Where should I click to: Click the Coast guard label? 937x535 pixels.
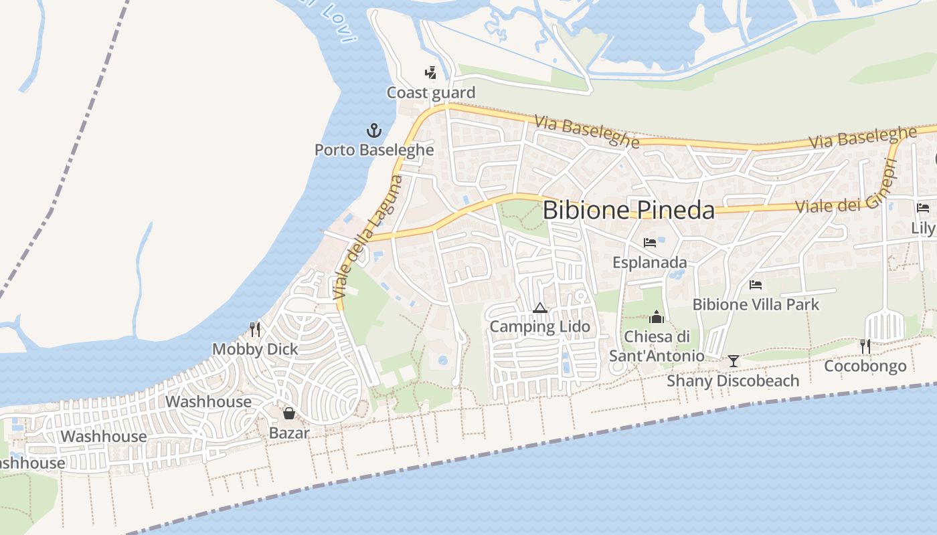coord(431,93)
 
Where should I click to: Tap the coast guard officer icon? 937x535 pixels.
coord(431,72)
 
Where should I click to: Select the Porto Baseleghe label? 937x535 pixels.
coord(374,150)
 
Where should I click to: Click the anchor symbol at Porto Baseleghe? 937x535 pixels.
coord(373,130)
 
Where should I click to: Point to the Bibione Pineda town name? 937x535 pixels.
coord(628,210)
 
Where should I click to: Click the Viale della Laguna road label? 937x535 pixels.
coord(368,237)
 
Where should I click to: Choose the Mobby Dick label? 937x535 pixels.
coord(255,349)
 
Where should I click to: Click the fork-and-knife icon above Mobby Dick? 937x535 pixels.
coord(255,329)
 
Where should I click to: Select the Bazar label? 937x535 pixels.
coord(289,433)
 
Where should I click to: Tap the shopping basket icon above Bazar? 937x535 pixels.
coord(289,413)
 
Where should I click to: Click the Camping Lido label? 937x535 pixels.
coord(540,327)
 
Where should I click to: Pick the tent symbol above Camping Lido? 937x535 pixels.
coord(540,308)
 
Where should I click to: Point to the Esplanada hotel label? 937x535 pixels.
coord(650,263)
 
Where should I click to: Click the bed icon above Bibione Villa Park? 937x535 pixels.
coord(756,285)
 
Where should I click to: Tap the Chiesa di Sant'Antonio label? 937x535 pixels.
coord(657,346)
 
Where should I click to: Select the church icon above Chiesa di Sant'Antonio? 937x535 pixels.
coord(657,316)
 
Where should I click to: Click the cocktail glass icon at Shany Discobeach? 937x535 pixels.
coord(734,361)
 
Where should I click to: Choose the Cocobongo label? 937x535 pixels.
coord(865,366)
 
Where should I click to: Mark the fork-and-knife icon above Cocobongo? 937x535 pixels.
coord(865,346)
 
